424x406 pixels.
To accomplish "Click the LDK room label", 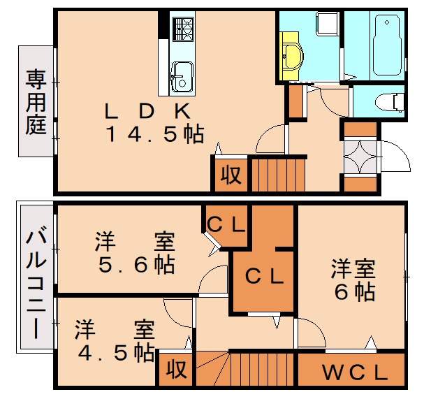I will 147,110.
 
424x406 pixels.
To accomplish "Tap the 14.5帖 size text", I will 154,133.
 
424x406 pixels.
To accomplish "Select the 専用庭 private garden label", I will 36,101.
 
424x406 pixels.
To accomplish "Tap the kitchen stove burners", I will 183,29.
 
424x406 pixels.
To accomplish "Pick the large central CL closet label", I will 265,275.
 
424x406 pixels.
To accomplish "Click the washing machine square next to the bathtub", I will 327,25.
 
